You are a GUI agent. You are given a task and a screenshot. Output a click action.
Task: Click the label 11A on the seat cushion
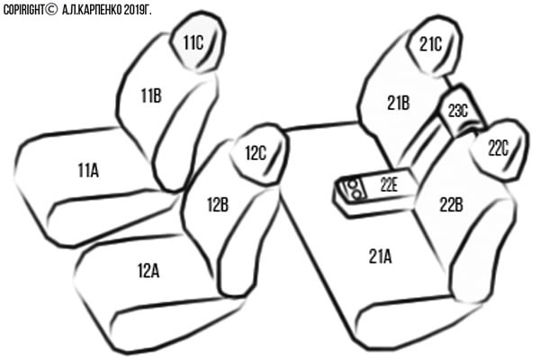(88, 170)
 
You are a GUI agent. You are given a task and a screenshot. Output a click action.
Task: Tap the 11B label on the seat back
(151, 95)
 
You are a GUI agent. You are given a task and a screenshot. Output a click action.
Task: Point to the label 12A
(148, 270)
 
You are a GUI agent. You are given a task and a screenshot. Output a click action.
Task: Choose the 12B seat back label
(218, 204)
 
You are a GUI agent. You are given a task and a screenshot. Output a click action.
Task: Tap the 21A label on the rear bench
(380, 256)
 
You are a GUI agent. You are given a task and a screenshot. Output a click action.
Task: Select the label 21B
(399, 103)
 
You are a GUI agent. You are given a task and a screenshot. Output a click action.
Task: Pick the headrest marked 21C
(434, 46)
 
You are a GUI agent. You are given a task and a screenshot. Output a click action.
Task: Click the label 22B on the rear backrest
(451, 204)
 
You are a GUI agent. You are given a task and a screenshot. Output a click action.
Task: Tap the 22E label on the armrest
(390, 185)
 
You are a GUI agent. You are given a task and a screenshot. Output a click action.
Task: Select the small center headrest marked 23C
(460, 110)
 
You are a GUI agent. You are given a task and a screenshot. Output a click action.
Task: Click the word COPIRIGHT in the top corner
(23, 10)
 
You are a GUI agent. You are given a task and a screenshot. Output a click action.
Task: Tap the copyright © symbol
(51, 10)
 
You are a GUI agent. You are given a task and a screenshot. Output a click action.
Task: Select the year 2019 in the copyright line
(133, 10)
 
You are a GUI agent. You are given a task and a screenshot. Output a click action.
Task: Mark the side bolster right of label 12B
(249, 241)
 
